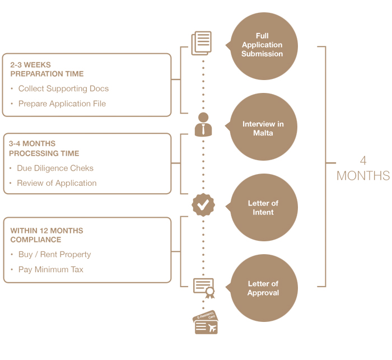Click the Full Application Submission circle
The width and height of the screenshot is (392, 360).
point(263,46)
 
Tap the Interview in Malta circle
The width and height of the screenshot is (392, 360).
point(263,128)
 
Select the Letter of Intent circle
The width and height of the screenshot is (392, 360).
point(263,208)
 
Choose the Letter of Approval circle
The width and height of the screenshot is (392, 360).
point(263,288)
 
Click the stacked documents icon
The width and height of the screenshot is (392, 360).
point(202,43)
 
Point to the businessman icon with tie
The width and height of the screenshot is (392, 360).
point(203,125)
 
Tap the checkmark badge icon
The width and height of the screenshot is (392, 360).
point(203,205)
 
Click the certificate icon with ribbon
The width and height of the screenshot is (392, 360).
point(204,286)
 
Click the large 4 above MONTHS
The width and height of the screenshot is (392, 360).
point(363,161)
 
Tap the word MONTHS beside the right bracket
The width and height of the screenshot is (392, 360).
point(363,176)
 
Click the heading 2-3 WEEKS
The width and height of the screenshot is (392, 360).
point(30,65)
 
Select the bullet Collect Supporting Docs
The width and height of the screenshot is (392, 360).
point(63,88)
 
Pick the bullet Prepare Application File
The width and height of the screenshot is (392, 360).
point(62,104)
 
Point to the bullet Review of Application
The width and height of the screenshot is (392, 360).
point(57,183)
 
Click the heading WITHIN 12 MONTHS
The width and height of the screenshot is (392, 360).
point(46,231)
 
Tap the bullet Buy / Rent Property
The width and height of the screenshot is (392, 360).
point(54,254)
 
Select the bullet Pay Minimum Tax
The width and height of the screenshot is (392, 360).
point(50,269)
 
